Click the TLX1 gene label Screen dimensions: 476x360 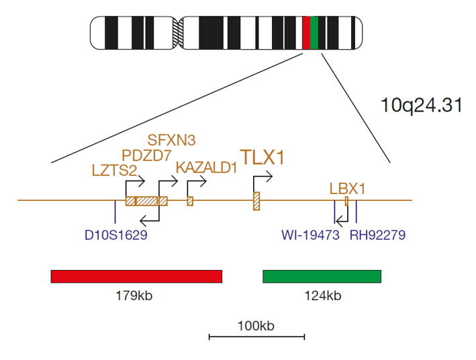click(263, 157)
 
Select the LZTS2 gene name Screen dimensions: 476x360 click(114, 171)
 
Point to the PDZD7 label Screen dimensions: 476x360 click(146, 156)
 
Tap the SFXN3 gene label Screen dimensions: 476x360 click(171, 140)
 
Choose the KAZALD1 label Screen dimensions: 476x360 click(206, 168)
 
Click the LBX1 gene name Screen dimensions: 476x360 click(347, 189)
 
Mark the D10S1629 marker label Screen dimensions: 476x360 click(116, 235)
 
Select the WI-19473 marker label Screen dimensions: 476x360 click(310, 235)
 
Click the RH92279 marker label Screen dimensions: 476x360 click(377, 235)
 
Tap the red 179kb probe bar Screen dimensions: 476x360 click(136, 277)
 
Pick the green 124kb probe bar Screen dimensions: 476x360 click(322, 277)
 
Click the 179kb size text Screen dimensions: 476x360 click(134, 296)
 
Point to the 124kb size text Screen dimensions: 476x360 click(323, 296)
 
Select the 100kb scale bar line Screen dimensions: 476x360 click(257, 336)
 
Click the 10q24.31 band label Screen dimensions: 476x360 click(422, 105)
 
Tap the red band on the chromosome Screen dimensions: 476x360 click(306, 33)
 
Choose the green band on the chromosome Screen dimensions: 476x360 click(314, 33)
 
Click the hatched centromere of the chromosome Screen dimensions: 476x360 click(178, 33)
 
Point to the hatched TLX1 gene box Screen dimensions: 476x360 click(256, 201)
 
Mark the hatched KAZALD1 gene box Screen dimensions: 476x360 click(190, 201)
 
